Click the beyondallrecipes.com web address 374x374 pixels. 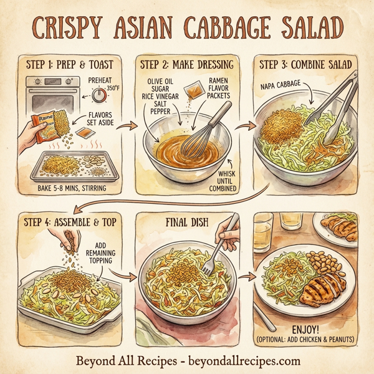click(x=241, y=361)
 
